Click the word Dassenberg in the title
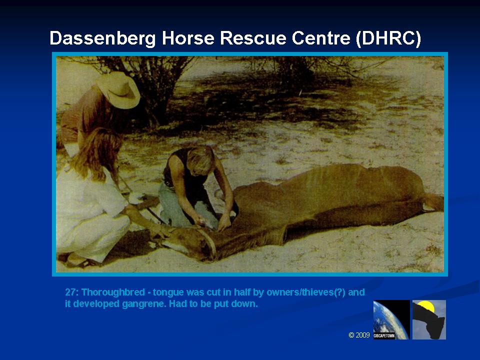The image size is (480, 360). click(x=102, y=38)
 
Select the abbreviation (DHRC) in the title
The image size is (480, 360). click(x=388, y=38)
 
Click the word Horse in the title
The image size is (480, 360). click(x=187, y=38)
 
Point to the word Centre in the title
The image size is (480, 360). click(x=321, y=38)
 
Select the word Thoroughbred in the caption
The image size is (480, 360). click(x=113, y=292)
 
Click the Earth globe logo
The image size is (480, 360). click(x=391, y=319)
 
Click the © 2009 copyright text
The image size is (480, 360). click(x=359, y=335)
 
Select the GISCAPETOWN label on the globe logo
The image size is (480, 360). click(x=384, y=335)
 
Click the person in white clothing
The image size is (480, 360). click(x=92, y=199)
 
